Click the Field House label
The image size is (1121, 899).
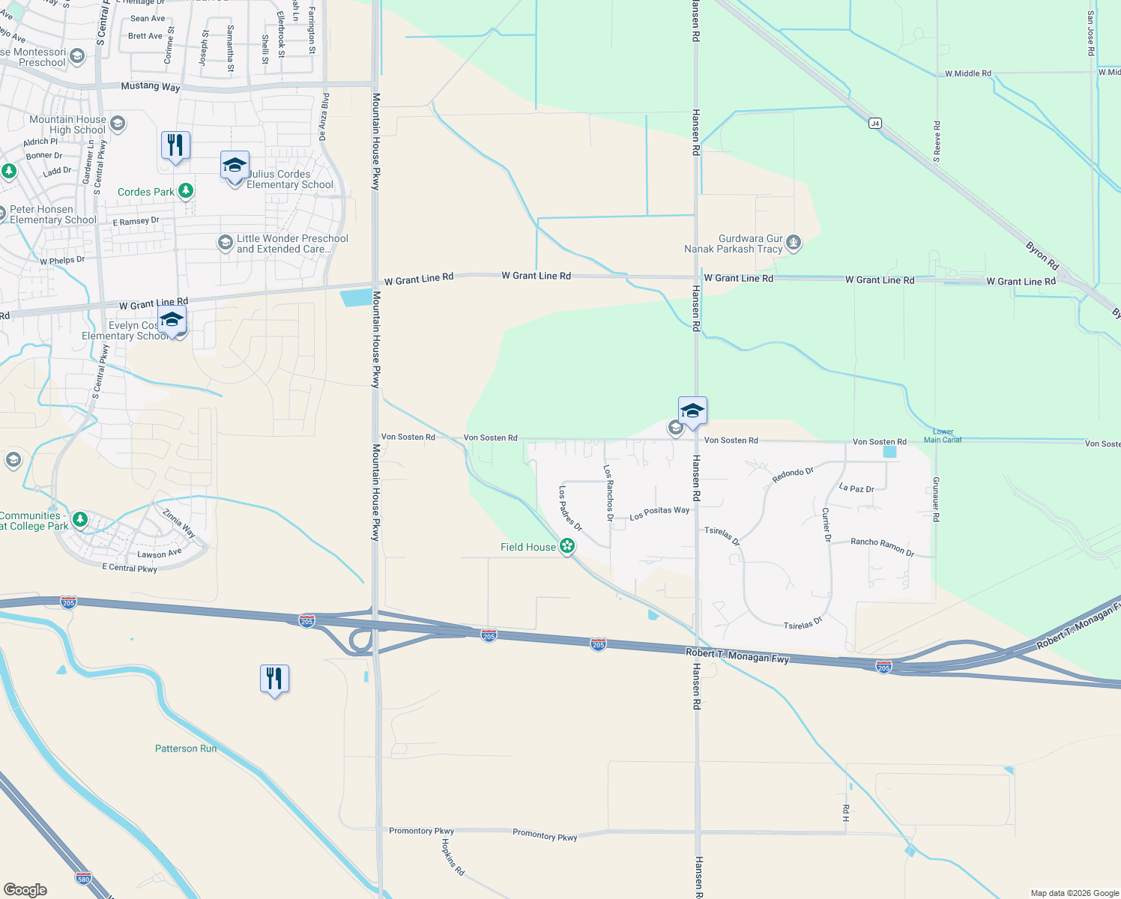528,548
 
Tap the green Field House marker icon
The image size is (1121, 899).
567,547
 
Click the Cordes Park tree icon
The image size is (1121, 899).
185,192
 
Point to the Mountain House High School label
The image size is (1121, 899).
67,124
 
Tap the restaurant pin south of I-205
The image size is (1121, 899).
274,679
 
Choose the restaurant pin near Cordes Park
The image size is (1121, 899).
175,145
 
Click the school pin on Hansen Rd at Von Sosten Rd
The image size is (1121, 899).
692,411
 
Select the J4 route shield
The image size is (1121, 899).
874,123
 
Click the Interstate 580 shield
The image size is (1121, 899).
83,878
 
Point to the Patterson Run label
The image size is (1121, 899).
186,748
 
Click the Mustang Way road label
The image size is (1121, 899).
151,86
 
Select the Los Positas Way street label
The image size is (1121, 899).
659,513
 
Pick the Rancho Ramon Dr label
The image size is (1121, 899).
882,546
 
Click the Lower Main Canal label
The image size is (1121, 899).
943,436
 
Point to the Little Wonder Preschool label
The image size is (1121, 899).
292,243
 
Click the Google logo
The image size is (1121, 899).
25,889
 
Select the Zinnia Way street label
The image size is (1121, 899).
179,523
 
